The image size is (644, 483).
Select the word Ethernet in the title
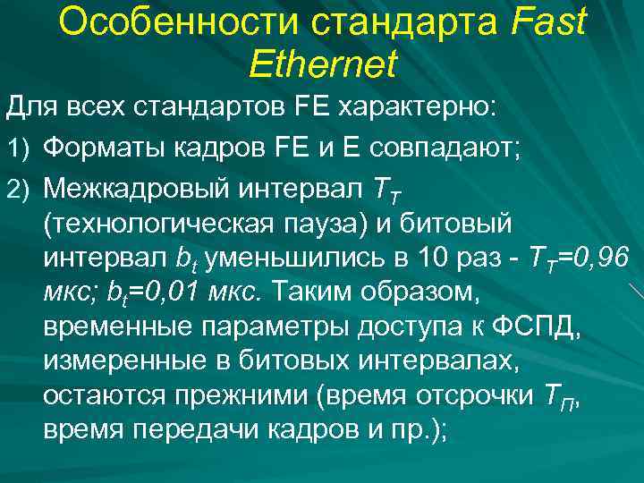click(323, 64)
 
